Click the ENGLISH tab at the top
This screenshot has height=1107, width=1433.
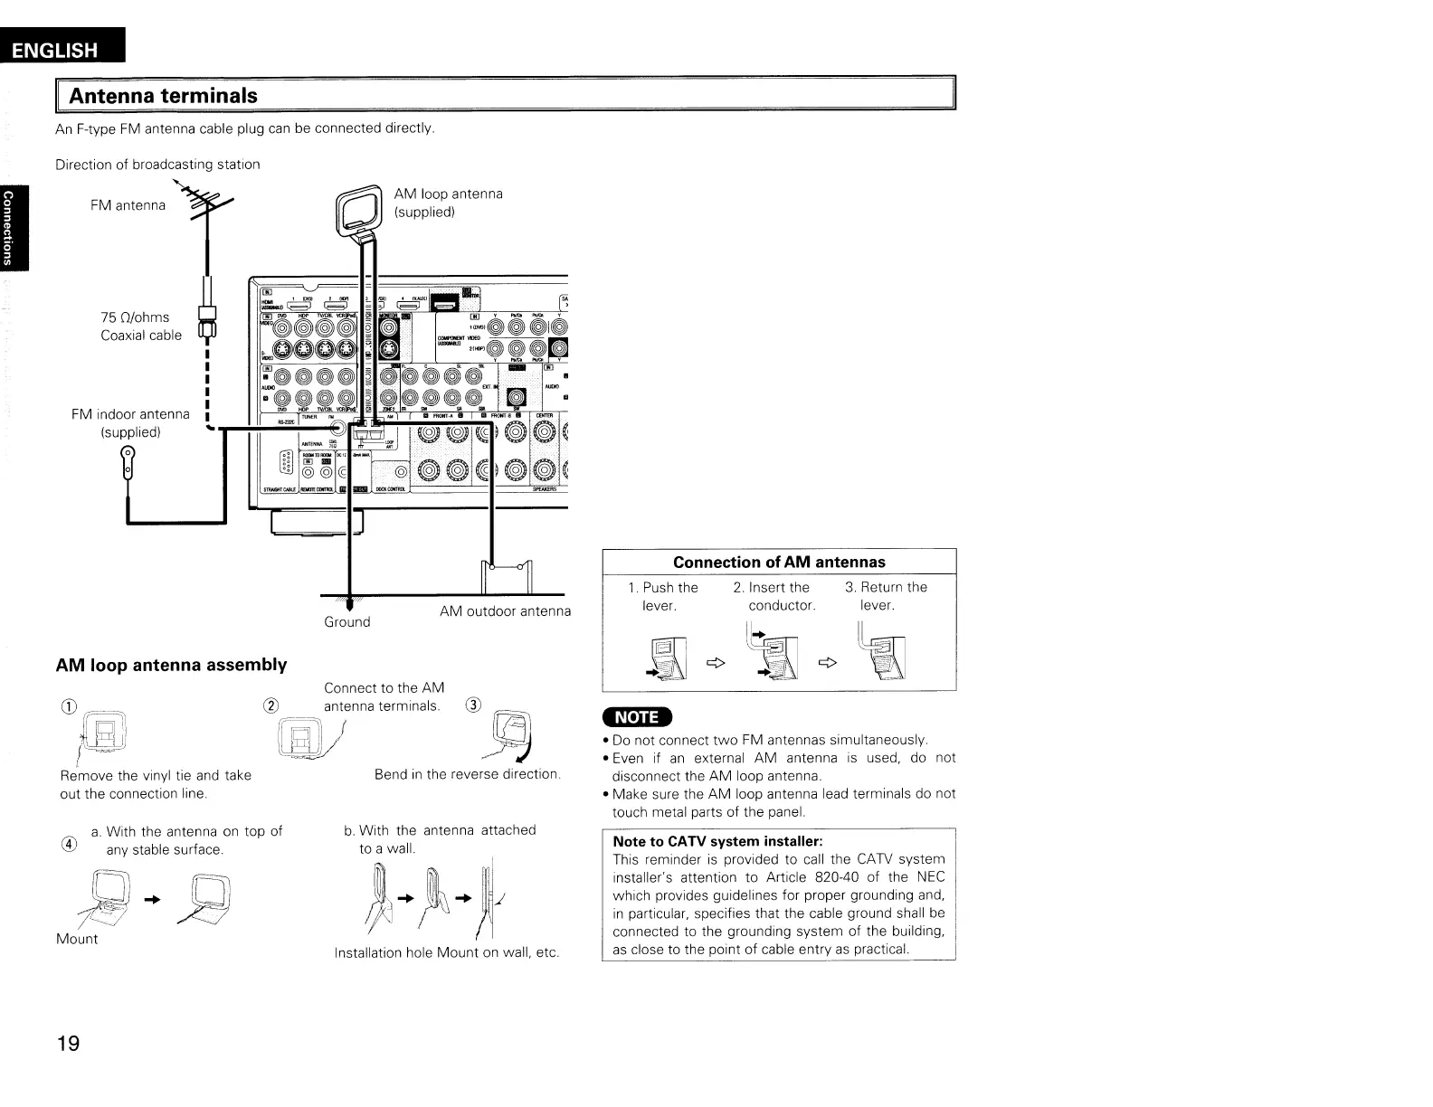[x=61, y=50]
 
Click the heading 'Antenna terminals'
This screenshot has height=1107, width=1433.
[x=164, y=96]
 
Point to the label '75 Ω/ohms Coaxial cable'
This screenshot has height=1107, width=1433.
[x=140, y=326]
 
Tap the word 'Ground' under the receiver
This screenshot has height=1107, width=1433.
[x=347, y=622]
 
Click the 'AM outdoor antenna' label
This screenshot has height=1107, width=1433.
[x=505, y=611]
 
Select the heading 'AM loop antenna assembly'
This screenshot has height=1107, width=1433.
[x=171, y=666]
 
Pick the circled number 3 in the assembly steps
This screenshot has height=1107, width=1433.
[x=472, y=705]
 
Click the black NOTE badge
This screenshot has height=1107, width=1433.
[x=637, y=717]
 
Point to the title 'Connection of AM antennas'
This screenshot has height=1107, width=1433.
[x=779, y=562]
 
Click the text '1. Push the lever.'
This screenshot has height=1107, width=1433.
[x=662, y=596]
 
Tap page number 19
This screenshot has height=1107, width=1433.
[x=68, y=1045]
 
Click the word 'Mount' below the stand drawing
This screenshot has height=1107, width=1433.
[x=77, y=939]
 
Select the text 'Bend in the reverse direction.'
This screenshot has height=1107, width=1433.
[x=468, y=774]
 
